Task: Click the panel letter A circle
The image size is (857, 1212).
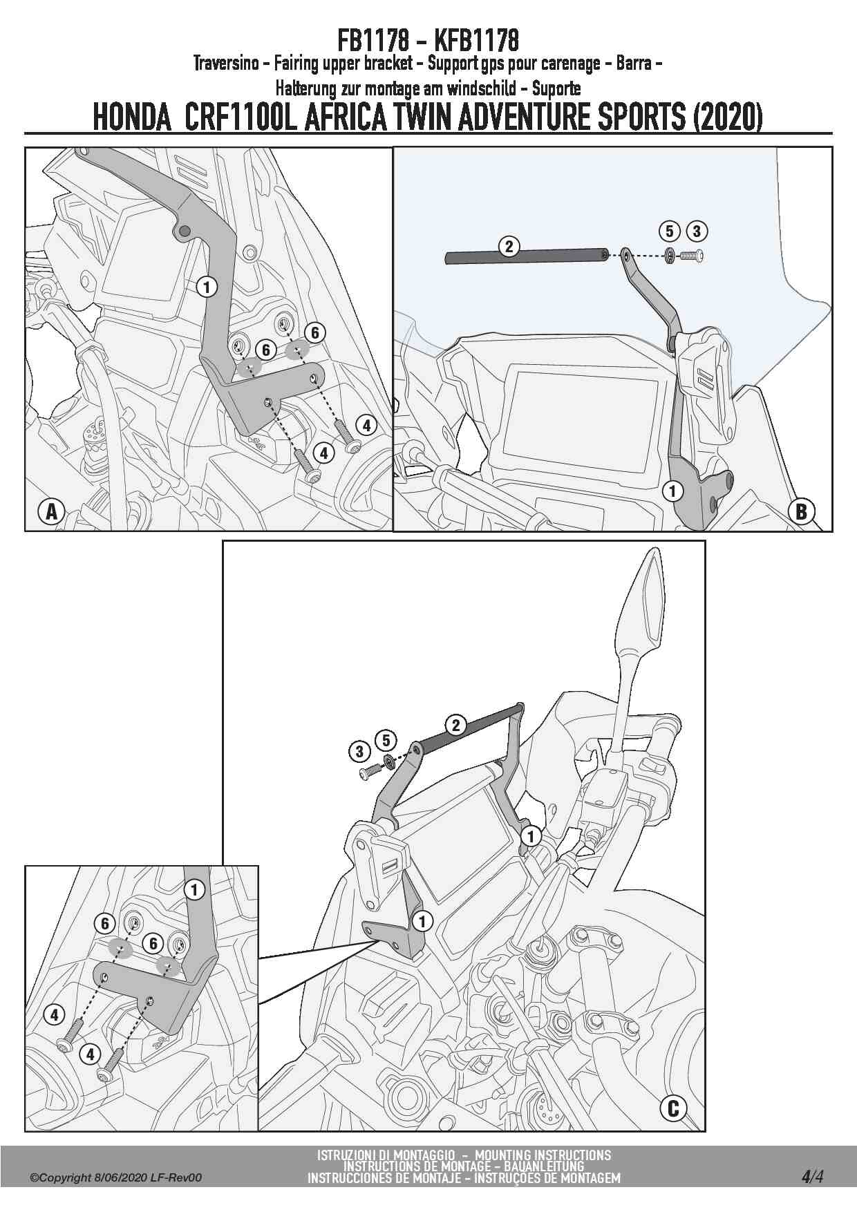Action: tap(50, 512)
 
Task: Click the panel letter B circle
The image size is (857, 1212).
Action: tap(802, 511)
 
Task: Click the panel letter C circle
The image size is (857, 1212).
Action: tap(673, 1108)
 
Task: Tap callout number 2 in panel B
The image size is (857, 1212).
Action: tap(509, 246)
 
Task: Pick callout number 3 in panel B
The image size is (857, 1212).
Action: tap(696, 231)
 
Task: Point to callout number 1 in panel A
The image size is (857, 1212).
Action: tap(207, 285)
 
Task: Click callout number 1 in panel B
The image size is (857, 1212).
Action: tap(672, 491)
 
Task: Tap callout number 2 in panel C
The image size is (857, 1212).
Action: tap(455, 725)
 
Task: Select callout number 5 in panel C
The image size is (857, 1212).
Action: tap(386, 740)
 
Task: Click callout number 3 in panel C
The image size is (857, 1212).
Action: tap(359, 751)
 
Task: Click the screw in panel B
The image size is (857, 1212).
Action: tap(693, 256)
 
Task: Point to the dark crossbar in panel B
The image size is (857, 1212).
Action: tap(525, 256)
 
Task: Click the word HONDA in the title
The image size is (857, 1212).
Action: tap(132, 117)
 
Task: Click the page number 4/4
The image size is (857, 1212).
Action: tap(812, 1175)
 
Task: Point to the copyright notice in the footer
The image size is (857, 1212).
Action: tap(115, 1178)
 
